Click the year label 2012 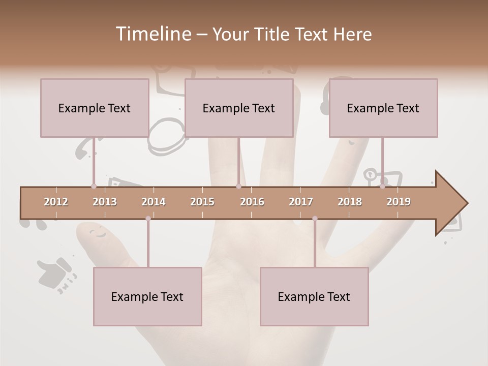pos(56,202)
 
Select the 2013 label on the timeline pos(105,202)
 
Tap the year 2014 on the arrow pos(154,202)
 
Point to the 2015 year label pos(202,202)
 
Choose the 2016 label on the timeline pos(252,202)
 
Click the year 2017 pos(301,202)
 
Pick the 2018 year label pos(350,202)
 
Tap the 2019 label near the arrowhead pos(399,202)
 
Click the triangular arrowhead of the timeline pos(450,203)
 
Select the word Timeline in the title pos(152,34)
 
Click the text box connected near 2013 pos(95,108)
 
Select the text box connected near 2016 pos(239,108)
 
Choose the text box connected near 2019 pos(383,108)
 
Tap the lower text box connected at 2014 pos(147,296)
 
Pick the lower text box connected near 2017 pos(314,296)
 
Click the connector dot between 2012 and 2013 pos(94,186)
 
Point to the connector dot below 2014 pos(148,219)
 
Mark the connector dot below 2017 pos(315,219)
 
